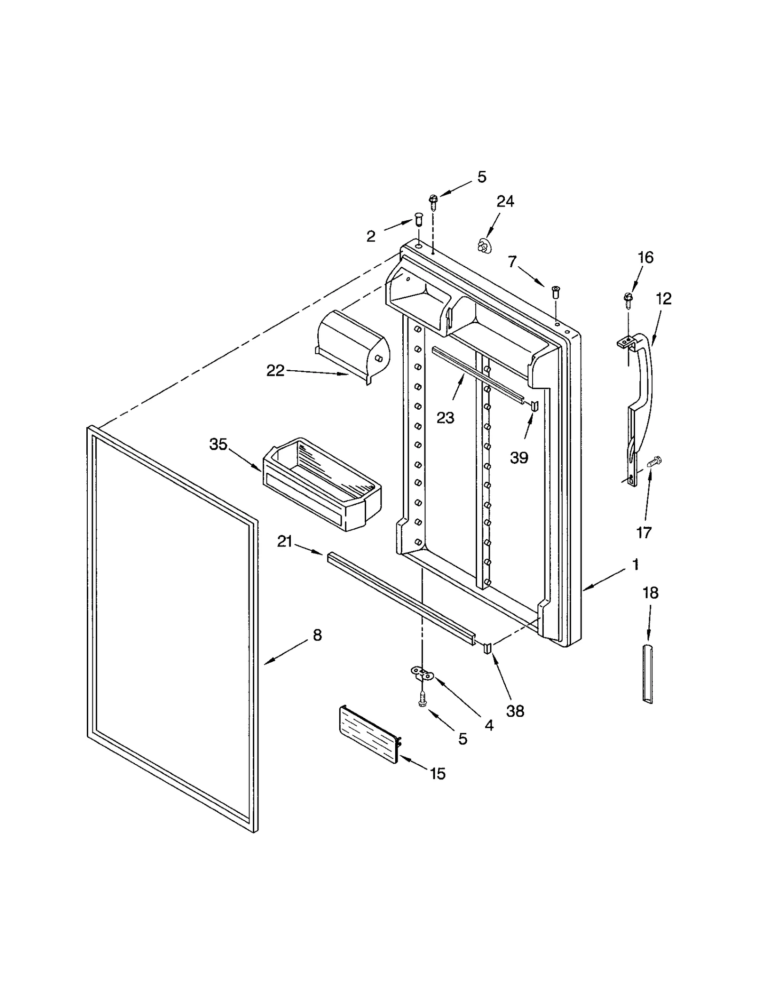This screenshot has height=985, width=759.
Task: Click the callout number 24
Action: point(505,202)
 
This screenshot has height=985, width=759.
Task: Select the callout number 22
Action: point(275,370)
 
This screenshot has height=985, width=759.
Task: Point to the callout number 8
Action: point(317,635)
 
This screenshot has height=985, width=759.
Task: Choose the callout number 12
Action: point(664,299)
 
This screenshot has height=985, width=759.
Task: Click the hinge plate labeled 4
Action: point(421,672)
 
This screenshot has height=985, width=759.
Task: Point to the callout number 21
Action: point(285,541)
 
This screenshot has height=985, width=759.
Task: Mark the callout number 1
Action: point(636,565)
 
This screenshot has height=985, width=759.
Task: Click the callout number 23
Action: point(445,418)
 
